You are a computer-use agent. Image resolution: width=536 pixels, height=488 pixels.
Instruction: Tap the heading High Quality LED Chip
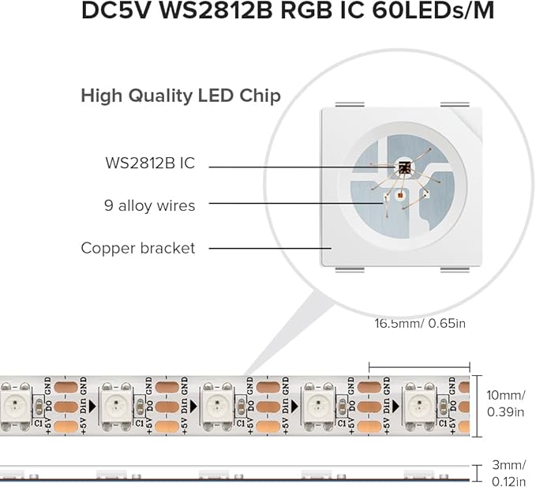click(181, 96)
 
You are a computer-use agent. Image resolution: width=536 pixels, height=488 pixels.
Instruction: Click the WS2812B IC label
click(149, 163)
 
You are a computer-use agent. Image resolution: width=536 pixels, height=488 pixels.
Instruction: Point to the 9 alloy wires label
click(150, 205)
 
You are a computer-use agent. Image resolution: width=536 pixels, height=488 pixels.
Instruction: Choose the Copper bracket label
click(137, 248)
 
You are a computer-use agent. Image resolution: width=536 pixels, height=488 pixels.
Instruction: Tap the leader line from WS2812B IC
click(300, 166)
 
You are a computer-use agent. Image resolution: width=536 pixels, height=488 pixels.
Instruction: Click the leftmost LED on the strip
click(12, 406)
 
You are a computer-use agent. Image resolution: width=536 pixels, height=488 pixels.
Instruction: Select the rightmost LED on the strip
click(418, 406)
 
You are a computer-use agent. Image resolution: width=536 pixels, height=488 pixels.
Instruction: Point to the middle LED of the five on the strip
click(215, 406)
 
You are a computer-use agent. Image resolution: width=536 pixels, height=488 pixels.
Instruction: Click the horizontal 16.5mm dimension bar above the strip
click(419, 366)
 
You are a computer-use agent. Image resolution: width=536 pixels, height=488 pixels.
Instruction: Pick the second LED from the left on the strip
click(113, 406)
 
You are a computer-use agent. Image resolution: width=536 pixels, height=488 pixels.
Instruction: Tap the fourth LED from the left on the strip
click(317, 406)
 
